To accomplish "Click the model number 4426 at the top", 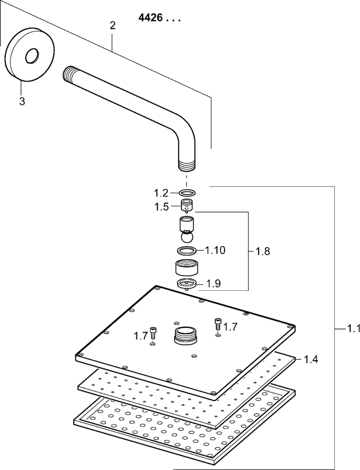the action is pyautogui.click(x=150, y=18).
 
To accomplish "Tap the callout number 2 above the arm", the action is pyautogui.click(x=112, y=26).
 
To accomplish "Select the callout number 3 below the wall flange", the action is pyautogui.click(x=22, y=101).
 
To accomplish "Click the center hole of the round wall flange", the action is pyautogui.click(x=31, y=56).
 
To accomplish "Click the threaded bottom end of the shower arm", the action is pyautogui.click(x=187, y=166).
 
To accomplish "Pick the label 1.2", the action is pyautogui.click(x=161, y=193).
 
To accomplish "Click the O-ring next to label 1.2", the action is pyautogui.click(x=187, y=192).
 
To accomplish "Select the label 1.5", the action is pyautogui.click(x=161, y=207).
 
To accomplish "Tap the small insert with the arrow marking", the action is pyautogui.click(x=187, y=206).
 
